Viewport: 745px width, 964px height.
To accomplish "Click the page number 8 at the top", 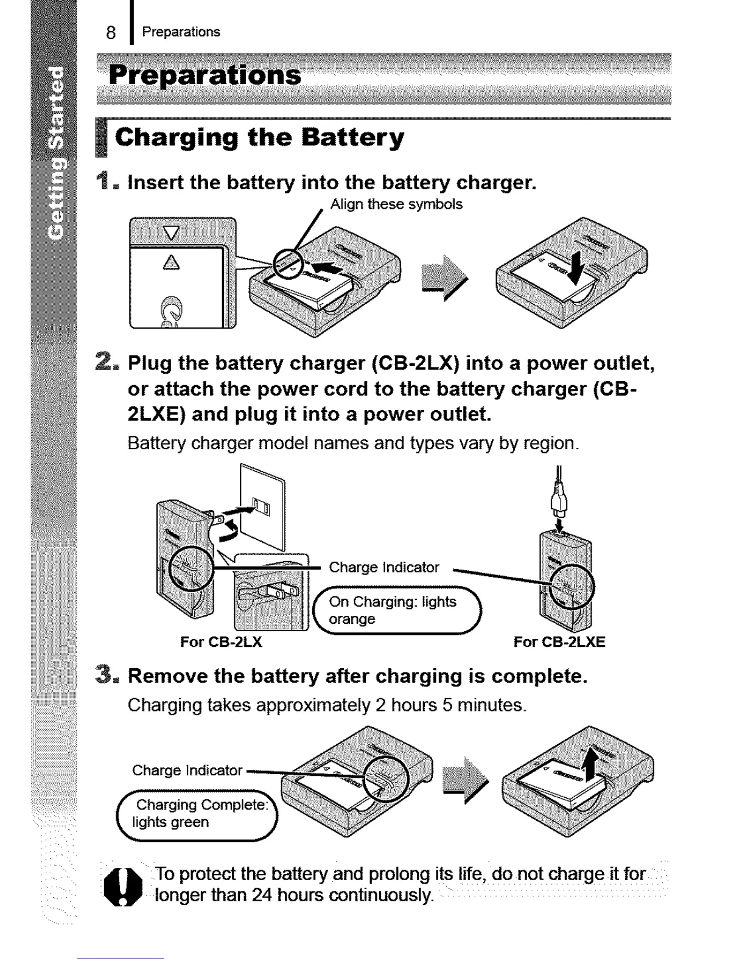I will click(x=111, y=32).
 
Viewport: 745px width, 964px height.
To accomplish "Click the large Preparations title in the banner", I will click(x=205, y=76).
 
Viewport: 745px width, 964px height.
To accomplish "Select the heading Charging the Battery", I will click(x=259, y=138).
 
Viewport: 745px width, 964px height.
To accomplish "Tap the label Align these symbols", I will click(x=396, y=204).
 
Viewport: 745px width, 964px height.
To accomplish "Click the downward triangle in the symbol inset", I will click(x=172, y=232).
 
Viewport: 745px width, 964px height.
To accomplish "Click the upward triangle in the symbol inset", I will click(x=172, y=261).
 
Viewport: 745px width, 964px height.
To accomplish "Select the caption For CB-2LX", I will click(x=221, y=642).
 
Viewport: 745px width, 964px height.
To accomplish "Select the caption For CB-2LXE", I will click(x=559, y=642).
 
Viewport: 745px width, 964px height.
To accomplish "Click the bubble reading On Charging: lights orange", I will click(x=397, y=610).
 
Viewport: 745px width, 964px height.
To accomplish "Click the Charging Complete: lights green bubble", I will click(x=197, y=814).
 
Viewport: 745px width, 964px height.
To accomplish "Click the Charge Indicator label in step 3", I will click(x=187, y=770).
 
